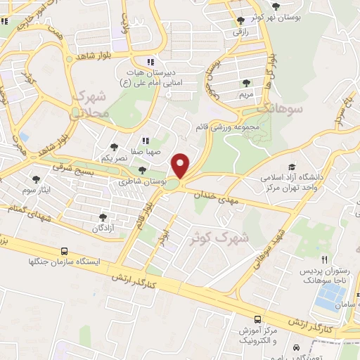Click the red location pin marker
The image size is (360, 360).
[x=181, y=166]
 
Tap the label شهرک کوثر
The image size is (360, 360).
[x=219, y=238]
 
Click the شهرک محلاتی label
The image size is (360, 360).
[x=91, y=103]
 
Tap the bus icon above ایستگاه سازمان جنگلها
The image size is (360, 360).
[x=65, y=251]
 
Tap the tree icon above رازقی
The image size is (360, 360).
[x=242, y=20]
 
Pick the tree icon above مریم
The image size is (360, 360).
[x=246, y=83]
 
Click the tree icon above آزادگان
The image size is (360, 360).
[x=103, y=218]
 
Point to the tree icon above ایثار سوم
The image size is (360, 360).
[x=36, y=179]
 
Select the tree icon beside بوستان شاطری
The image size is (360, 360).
[x=143, y=170]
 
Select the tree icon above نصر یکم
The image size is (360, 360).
[x=114, y=147]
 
